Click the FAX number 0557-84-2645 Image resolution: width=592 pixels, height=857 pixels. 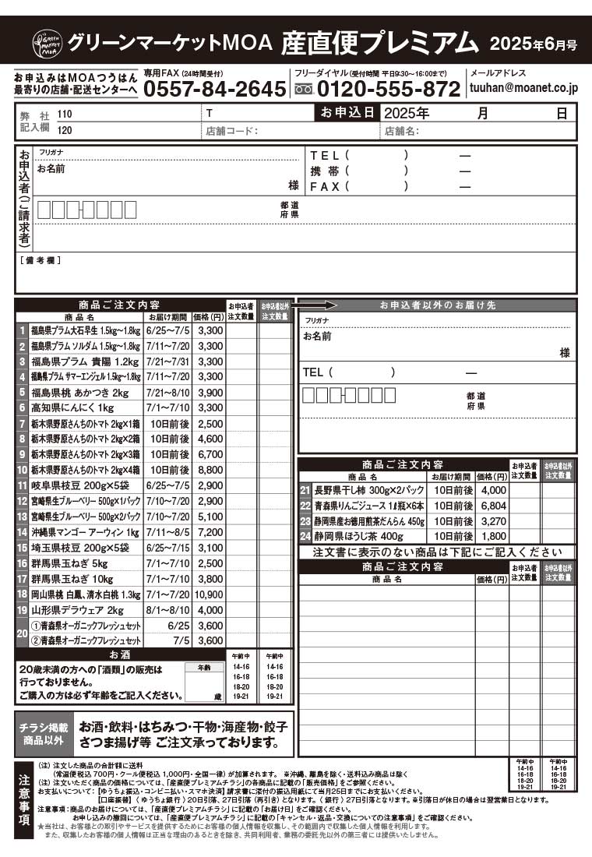(215, 89)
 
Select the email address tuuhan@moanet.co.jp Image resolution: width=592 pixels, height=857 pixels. (523, 89)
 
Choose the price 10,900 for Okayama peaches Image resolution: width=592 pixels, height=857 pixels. (210, 594)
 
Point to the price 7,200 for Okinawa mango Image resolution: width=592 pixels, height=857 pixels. (210, 532)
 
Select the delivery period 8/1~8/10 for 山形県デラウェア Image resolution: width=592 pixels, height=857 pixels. (167, 610)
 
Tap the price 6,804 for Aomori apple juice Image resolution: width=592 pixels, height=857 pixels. (492, 506)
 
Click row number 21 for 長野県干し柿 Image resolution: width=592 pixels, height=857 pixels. (305, 490)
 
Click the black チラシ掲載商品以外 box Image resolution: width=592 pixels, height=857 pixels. (44, 734)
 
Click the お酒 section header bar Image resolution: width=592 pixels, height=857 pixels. (120, 654)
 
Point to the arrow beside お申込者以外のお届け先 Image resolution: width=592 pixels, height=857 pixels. (317, 305)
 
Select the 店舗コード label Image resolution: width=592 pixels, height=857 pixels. (232, 132)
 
